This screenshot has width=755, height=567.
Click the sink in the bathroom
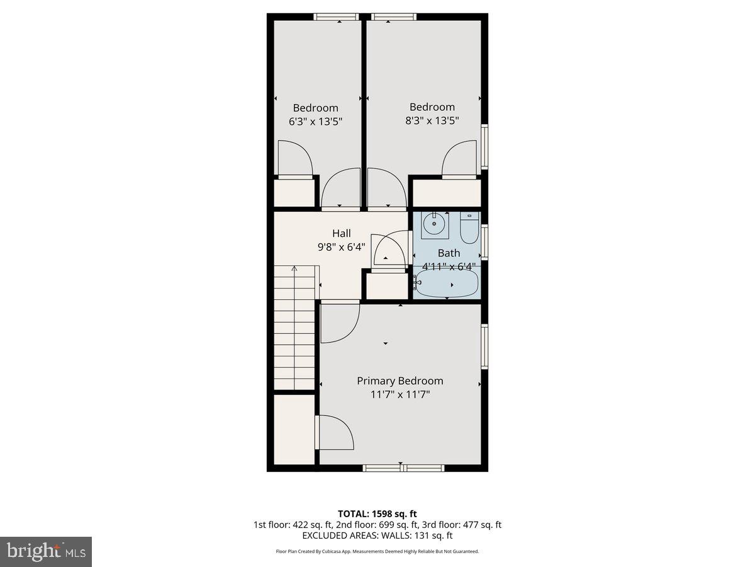pyautogui.click(x=434, y=225)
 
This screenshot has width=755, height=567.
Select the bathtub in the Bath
pyautogui.click(x=447, y=284)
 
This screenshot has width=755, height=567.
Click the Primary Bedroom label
pyautogui.click(x=400, y=381)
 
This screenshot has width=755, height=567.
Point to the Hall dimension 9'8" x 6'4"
pyautogui.click(x=342, y=247)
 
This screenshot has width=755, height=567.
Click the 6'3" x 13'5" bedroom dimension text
pyautogui.click(x=315, y=121)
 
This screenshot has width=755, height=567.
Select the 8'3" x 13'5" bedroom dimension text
pyautogui.click(x=432, y=120)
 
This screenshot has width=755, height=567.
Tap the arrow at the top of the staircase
pyautogui.click(x=294, y=270)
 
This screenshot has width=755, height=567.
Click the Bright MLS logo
pyautogui.click(x=46, y=552)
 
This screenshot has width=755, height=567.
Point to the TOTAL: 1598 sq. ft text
pyautogui.click(x=377, y=513)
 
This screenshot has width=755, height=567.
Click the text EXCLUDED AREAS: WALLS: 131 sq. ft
pyautogui.click(x=377, y=535)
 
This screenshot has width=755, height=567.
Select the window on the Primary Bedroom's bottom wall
pyautogui.click(x=403, y=467)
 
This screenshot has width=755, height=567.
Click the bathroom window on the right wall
pyautogui.click(x=484, y=242)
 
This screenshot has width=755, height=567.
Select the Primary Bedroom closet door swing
pyautogui.click(x=335, y=433)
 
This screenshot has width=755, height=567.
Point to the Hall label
pyautogui.click(x=342, y=234)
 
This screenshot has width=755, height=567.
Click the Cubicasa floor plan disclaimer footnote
pyautogui.click(x=377, y=551)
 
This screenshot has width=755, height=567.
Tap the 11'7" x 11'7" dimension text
pyautogui.click(x=400, y=394)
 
